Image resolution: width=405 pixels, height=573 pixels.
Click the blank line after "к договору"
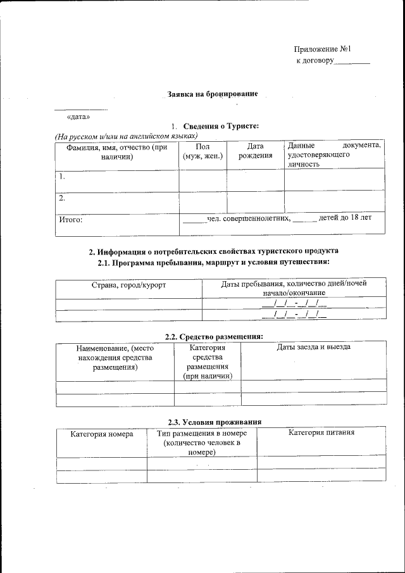pyautogui.click(x=351, y=62)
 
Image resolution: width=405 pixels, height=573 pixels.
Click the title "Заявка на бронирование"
pyautogui.click(x=212, y=94)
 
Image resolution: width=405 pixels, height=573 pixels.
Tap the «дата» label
pyautogui.click(x=78, y=116)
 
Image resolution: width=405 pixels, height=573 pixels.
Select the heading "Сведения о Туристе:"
pyautogui.click(x=221, y=126)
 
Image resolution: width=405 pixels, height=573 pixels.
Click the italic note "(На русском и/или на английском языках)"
pyautogui.click(x=126, y=136)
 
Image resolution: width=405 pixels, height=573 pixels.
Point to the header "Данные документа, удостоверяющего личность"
pyautogui.click(x=334, y=154)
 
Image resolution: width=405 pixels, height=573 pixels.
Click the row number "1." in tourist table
pyautogui.click(x=62, y=177)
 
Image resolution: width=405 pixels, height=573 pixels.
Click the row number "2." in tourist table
pyautogui.click(x=62, y=198)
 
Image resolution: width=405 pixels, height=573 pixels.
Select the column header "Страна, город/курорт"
pyautogui.click(x=128, y=285)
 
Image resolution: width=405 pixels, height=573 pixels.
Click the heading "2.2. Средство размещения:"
pyautogui.click(x=209, y=336)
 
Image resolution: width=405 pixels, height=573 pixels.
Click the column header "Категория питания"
pyautogui.click(x=321, y=433)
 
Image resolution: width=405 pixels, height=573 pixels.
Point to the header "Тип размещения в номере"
pyautogui.click(x=202, y=433)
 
